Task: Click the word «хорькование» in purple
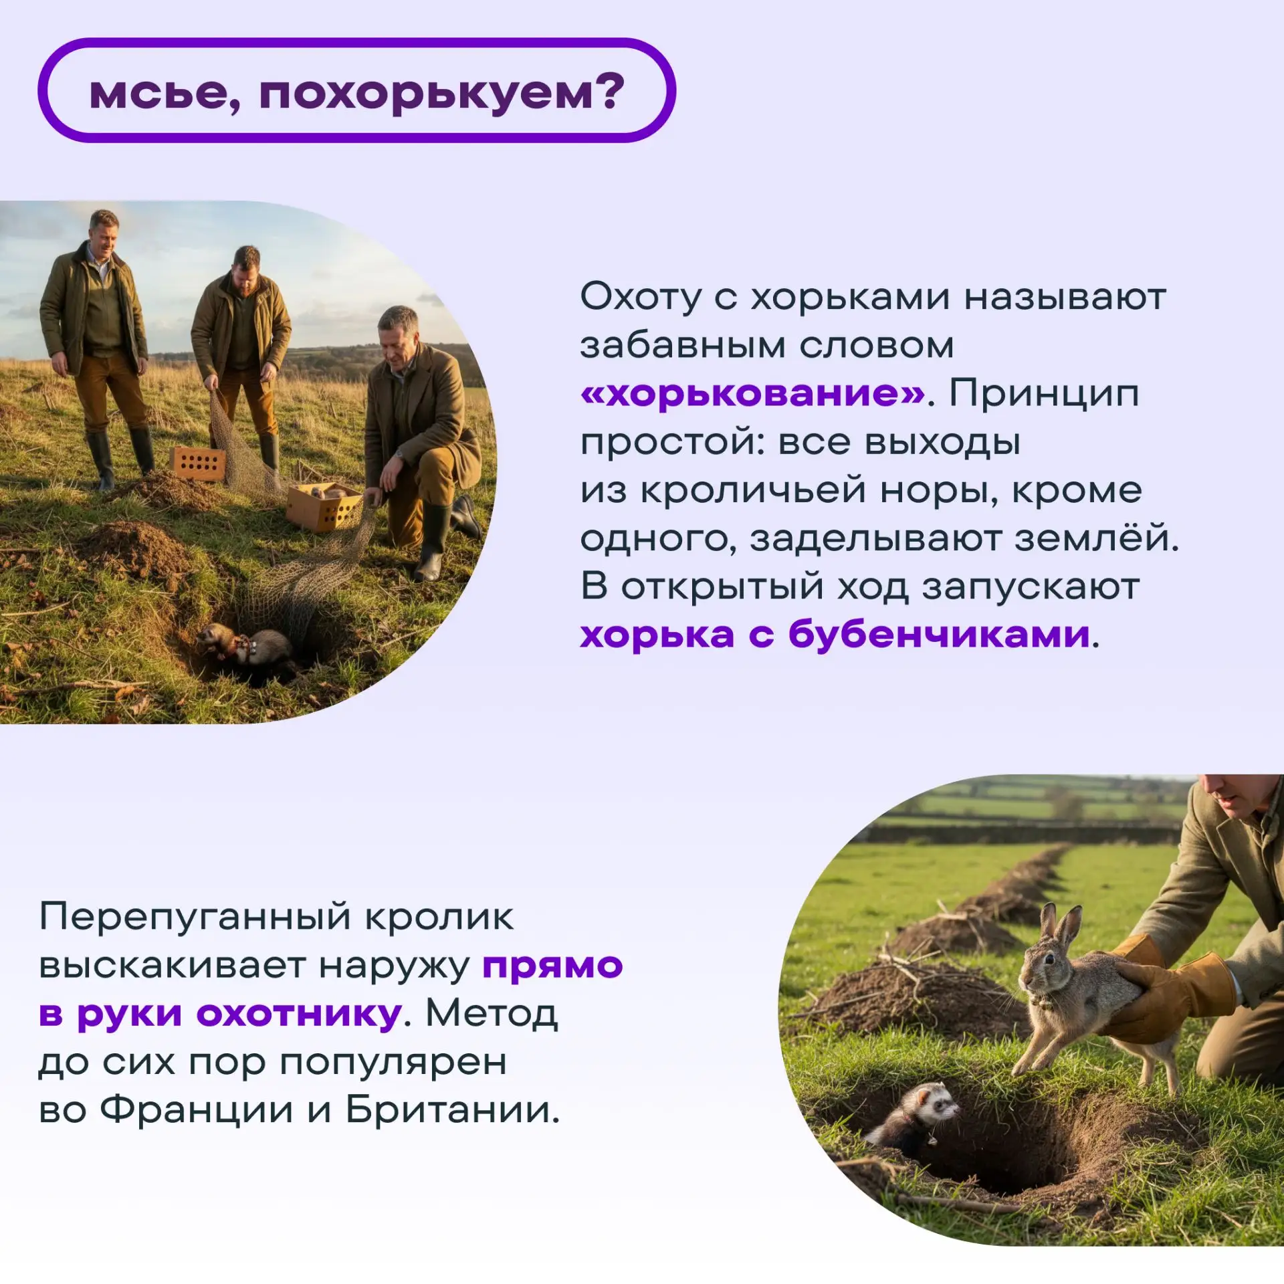(x=753, y=394)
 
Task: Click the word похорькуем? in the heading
(x=442, y=92)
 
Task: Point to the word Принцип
(x=1044, y=394)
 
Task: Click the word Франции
(x=197, y=1111)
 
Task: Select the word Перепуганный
(x=194, y=918)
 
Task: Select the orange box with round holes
(x=198, y=463)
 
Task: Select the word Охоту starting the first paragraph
(x=641, y=298)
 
